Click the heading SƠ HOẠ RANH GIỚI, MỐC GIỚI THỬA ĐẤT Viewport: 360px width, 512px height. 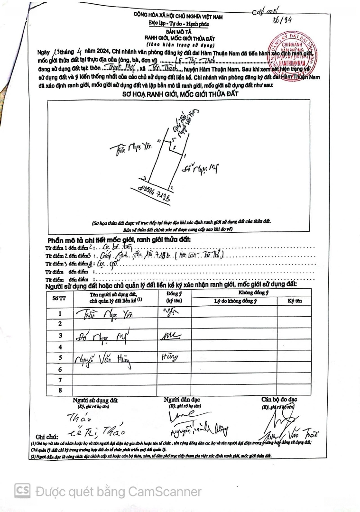point(180,94)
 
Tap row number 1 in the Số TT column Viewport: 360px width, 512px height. point(60,313)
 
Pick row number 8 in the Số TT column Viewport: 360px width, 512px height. point(60,390)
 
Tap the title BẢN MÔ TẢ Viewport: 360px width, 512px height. point(180,30)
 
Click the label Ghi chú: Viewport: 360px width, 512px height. point(46,436)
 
